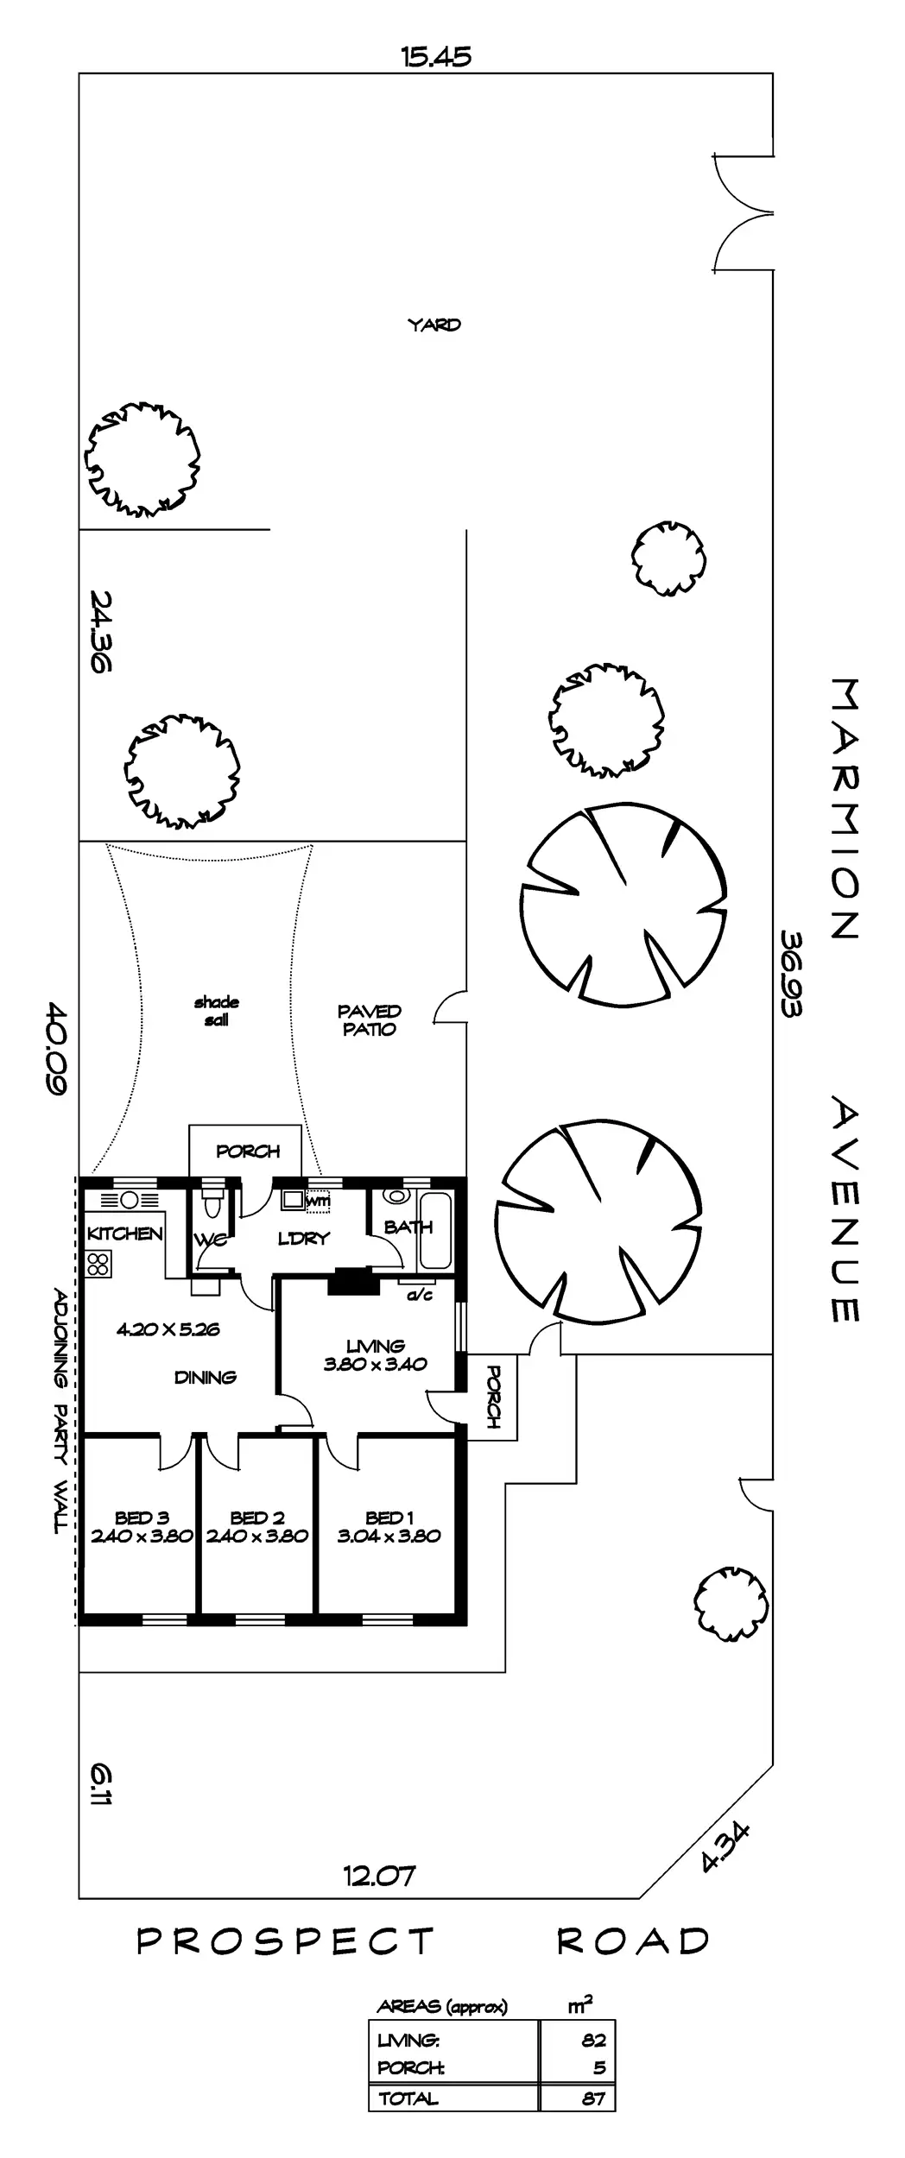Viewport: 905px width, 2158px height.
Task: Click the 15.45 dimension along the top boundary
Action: pyautogui.click(x=435, y=57)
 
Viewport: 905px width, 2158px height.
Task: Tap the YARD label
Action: pyautogui.click(x=434, y=325)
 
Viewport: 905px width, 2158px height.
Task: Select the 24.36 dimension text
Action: pyautogui.click(x=100, y=631)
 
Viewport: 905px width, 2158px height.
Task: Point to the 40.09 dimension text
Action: pyautogui.click(x=56, y=1048)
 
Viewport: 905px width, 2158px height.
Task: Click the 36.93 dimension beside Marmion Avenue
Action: pyautogui.click(x=792, y=973)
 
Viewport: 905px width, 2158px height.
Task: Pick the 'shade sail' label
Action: pyautogui.click(x=217, y=1011)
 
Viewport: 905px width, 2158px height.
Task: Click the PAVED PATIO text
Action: pyautogui.click(x=370, y=1019)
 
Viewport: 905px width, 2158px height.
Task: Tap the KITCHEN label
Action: pyautogui.click(x=125, y=1234)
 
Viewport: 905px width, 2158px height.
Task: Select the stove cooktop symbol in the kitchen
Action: pyautogui.click(x=98, y=1264)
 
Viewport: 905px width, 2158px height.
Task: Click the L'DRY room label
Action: pyautogui.click(x=304, y=1239)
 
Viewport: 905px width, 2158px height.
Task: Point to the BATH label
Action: pyautogui.click(x=408, y=1227)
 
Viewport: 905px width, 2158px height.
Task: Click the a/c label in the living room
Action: pyautogui.click(x=419, y=1295)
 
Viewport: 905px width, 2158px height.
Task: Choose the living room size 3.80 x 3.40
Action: pyautogui.click(x=376, y=1365)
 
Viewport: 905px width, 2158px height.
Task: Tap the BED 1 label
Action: pyautogui.click(x=389, y=1518)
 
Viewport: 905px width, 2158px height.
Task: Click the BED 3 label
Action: pyautogui.click(x=142, y=1518)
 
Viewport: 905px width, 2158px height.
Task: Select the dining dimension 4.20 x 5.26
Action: pyautogui.click(x=168, y=1329)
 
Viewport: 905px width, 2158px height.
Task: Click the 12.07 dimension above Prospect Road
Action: pyautogui.click(x=379, y=1875)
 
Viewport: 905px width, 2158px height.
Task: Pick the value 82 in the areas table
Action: pyautogui.click(x=594, y=2041)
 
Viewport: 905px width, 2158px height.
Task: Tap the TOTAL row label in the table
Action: pyautogui.click(x=408, y=2092)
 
